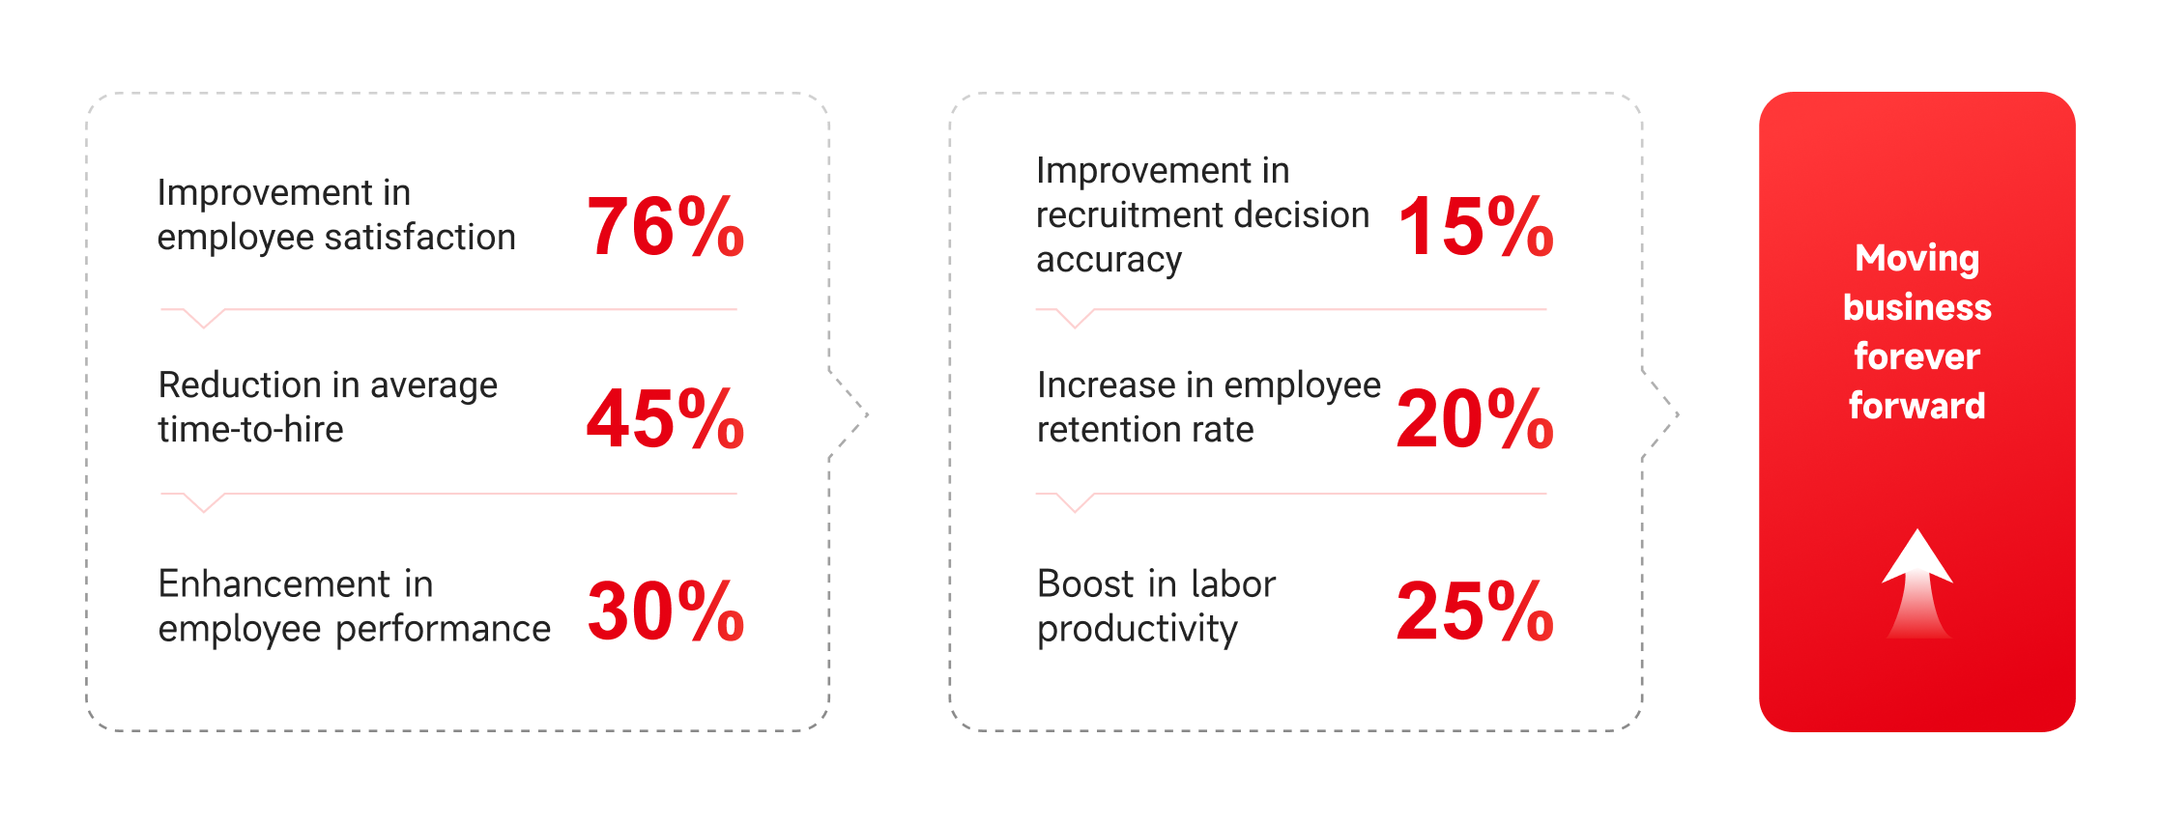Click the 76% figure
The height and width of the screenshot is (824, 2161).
[x=665, y=226]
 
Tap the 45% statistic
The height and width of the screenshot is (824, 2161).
[x=665, y=418]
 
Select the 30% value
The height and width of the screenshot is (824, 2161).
[x=665, y=611]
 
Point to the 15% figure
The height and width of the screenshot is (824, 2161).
[x=1476, y=226]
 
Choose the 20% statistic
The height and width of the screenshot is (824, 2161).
[x=1475, y=418]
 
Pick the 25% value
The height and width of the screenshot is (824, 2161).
[x=1475, y=611]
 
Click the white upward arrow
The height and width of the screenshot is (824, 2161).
[x=1917, y=582]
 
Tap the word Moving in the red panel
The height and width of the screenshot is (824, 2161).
[x=1917, y=259]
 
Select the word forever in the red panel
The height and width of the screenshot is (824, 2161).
[x=1917, y=356]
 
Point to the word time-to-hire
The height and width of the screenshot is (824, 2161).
[x=251, y=429]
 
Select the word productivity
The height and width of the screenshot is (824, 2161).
[x=1138, y=630]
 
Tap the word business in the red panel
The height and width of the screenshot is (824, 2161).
[x=1917, y=307]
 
